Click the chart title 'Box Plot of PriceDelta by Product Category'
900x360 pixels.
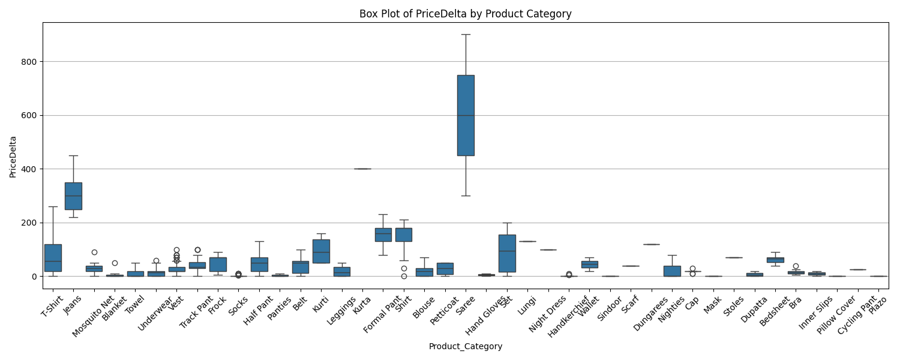click(465, 14)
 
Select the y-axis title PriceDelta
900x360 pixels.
click(13, 157)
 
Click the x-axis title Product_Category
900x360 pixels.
click(465, 346)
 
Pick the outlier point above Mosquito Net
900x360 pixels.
click(94, 252)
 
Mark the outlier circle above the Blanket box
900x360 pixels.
click(115, 263)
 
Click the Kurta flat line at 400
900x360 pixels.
click(362, 169)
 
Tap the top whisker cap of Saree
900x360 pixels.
click(466, 34)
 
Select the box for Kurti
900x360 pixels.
click(321, 251)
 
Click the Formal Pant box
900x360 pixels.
click(383, 235)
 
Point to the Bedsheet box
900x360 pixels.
click(775, 260)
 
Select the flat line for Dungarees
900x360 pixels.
click(651, 244)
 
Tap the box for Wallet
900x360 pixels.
click(589, 264)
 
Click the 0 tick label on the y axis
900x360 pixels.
click(35, 277)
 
